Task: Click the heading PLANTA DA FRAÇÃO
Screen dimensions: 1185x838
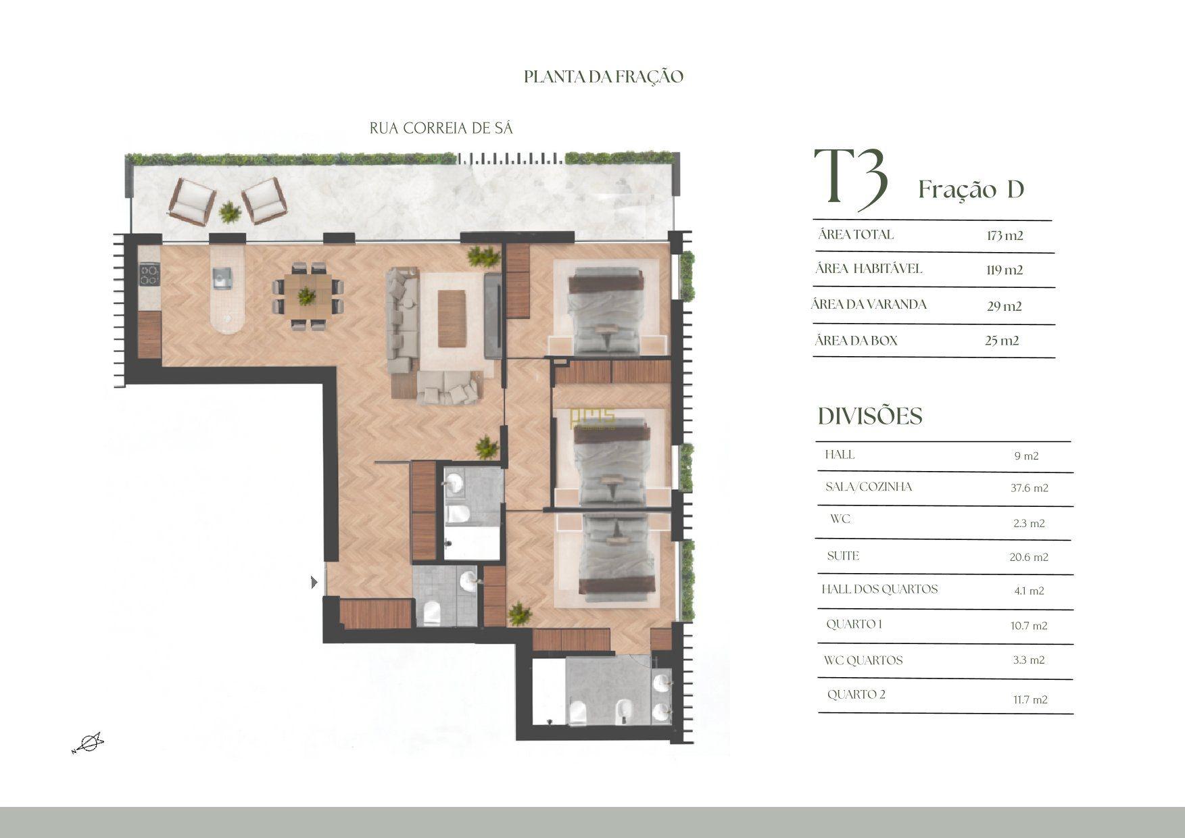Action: [x=604, y=76]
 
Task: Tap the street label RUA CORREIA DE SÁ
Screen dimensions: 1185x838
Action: [x=441, y=128]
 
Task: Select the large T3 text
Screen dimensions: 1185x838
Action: [x=850, y=177]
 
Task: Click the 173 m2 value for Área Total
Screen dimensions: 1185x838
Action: [x=1005, y=236]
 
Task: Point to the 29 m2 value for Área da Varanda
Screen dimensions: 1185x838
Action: [x=1005, y=306]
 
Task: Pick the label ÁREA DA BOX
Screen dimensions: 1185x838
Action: [x=856, y=341]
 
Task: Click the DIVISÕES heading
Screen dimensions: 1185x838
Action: [x=870, y=416]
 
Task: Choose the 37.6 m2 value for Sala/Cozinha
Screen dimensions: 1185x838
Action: [x=1030, y=488]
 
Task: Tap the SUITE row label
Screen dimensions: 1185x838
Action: [x=843, y=556]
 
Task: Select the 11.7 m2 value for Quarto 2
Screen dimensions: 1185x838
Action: [x=1030, y=700]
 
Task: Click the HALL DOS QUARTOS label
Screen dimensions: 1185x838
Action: [x=879, y=589]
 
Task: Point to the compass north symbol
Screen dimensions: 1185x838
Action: [x=88, y=743]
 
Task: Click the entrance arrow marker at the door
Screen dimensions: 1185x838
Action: [x=314, y=582]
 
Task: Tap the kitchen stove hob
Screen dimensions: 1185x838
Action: [x=149, y=274]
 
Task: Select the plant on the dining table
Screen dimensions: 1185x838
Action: [x=307, y=295]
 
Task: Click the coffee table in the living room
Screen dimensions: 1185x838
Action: [x=452, y=318]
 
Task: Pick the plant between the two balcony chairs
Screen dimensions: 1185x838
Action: [x=230, y=213]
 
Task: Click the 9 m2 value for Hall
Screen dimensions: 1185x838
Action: [x=1026, y=456]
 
